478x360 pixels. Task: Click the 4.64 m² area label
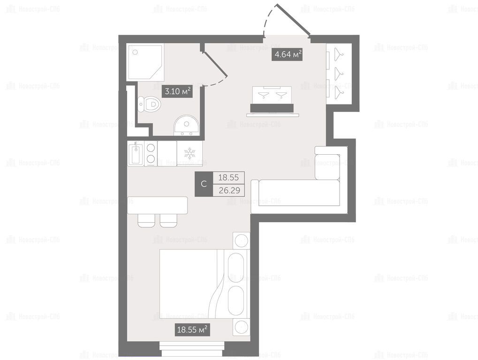click(x=287, y=55)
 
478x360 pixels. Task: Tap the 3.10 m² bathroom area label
click(x=178, y=91)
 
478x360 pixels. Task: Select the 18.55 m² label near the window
click(x=192, y=330)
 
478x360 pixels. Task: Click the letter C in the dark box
click(x=204, y=184)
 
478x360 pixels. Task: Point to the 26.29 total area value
click(x=229, y=191)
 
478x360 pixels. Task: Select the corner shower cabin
click(x=146, y=62)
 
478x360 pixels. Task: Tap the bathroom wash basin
click(x=186, y=125)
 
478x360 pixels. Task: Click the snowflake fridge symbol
click(x=190, y=153)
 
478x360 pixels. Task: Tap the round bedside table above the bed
click(x=242, y=240)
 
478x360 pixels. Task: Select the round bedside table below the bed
click(x=242, y=327)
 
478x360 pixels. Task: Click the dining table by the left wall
click(x=157, y=205)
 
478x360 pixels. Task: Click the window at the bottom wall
click(x=192, y=349)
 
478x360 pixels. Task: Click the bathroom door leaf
click(x=215, y=63)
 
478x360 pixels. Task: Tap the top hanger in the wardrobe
click(x=338, y=54)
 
